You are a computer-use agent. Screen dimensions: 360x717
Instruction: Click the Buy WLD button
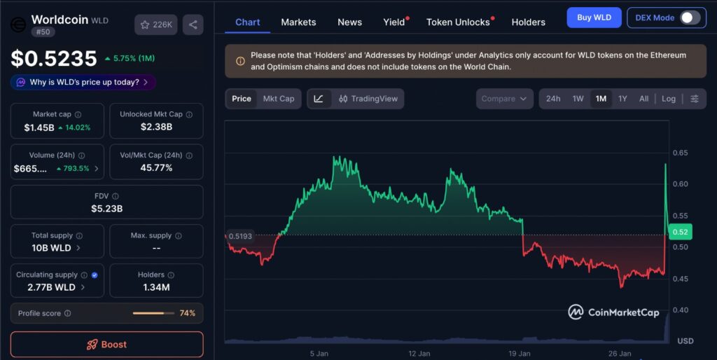tap(594, 18)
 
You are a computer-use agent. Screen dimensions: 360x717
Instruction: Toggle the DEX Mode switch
tap(689, 18)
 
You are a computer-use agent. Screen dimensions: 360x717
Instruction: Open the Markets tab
tap(298, 22)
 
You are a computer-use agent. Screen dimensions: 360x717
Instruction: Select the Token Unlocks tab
tap(458, 22)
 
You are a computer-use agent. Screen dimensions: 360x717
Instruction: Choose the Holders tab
tap(528, 22)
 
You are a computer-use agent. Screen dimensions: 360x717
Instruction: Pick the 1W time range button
tap(578, 99)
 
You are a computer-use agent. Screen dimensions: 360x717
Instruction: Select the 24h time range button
tap(553, 99)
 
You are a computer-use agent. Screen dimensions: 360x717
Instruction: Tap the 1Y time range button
tap(622, 99)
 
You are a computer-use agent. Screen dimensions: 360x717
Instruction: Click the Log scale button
tap(669, 99)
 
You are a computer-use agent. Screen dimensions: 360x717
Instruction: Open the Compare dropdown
tap(504, 99)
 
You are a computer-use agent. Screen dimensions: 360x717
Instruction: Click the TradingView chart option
tap(368, 99)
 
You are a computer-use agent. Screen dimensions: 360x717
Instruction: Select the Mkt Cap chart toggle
tap(279, 99)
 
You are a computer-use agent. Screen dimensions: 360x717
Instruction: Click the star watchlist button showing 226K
tap(156, 25)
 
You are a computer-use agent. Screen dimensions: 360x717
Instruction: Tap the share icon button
tap(193, 25)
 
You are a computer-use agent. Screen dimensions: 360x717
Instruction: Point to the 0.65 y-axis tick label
tap(679, 153)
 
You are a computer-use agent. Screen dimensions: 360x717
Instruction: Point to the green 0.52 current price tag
tap(679, 232)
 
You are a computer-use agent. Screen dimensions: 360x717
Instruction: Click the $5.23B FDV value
tap(106, 208)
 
